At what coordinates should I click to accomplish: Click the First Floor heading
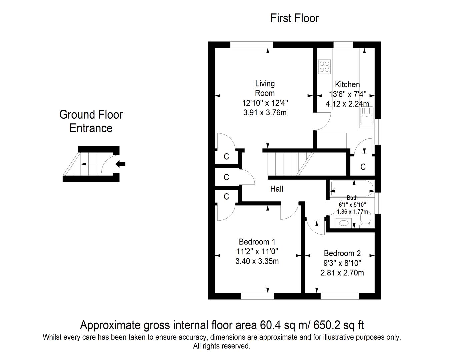(x=294, y=18)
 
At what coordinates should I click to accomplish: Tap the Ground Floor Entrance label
(x=91, y=121)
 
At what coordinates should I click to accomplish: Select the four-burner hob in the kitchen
(x=324, y=67)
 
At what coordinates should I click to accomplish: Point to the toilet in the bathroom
(x=366, y=219)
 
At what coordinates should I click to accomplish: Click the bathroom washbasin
(x=344, y=223)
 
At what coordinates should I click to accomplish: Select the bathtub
(x=352, y=189)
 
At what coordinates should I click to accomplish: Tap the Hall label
(x=276, y=189)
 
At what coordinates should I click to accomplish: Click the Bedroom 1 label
(x=257, y=242)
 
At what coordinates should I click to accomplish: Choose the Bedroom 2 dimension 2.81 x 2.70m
(x=342, y=273)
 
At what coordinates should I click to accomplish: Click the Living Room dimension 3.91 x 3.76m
(x=265, y=113)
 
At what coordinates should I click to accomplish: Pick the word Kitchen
(x=347, y=85)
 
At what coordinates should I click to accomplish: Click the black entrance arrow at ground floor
(x=120, y=164)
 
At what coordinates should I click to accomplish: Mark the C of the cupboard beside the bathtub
(x=363, y=167)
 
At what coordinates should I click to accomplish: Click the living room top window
(x=252, y=45)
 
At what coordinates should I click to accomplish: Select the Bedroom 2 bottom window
(x=340, y=296)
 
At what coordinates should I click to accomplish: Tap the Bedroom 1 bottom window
(x=257, y=296)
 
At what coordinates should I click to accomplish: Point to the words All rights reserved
(x=222, y=346)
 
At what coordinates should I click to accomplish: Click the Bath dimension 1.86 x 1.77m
(x=352, y=212)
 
